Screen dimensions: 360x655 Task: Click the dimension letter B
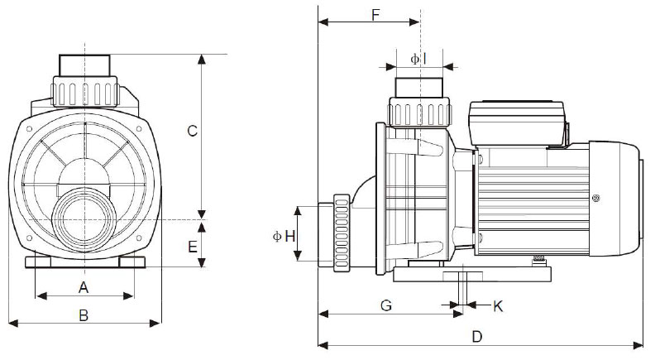(x=83, y=314)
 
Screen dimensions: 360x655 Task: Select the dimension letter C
(x=191, y=131)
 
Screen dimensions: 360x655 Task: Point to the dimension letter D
(x=476, y=336)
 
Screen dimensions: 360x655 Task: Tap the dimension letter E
(x=191, y=246)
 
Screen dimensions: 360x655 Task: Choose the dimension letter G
(x=385, y=305)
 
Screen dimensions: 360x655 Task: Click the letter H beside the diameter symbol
(x=289, y=237)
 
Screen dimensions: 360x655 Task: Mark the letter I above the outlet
(x=423, y=58)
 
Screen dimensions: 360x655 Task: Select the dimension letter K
(x=498, y=306)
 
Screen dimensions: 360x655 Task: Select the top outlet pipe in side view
(x=421, y=87)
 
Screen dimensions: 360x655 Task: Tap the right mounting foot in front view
(x=131, y=262)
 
